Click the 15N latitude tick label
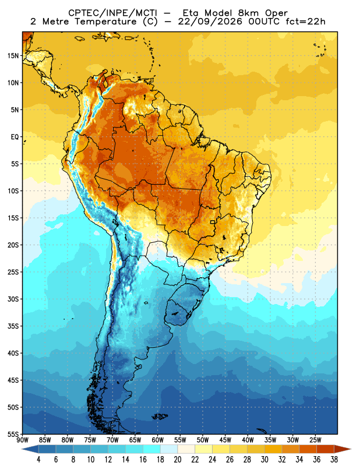pos(13,55)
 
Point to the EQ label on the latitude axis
pos(15,137)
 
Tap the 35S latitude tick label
pos(13,326)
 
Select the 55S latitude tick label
pos(13,434)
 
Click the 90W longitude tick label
pos(22,440)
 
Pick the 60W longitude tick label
pos(157,440)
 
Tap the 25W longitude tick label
pos(315,440)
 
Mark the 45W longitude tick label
pos(225,440)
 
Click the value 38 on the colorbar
pos(334,460)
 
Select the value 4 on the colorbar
pos(38,460)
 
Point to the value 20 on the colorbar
pos(178,460)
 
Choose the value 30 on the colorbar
pos(264,460)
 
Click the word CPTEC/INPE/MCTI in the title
pos(112,13)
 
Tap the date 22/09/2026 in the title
pos(210,22)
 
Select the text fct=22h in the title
pos(305,22)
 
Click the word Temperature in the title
pos(105,22)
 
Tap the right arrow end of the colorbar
pos(343,449)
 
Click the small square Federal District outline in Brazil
pos(213,222)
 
